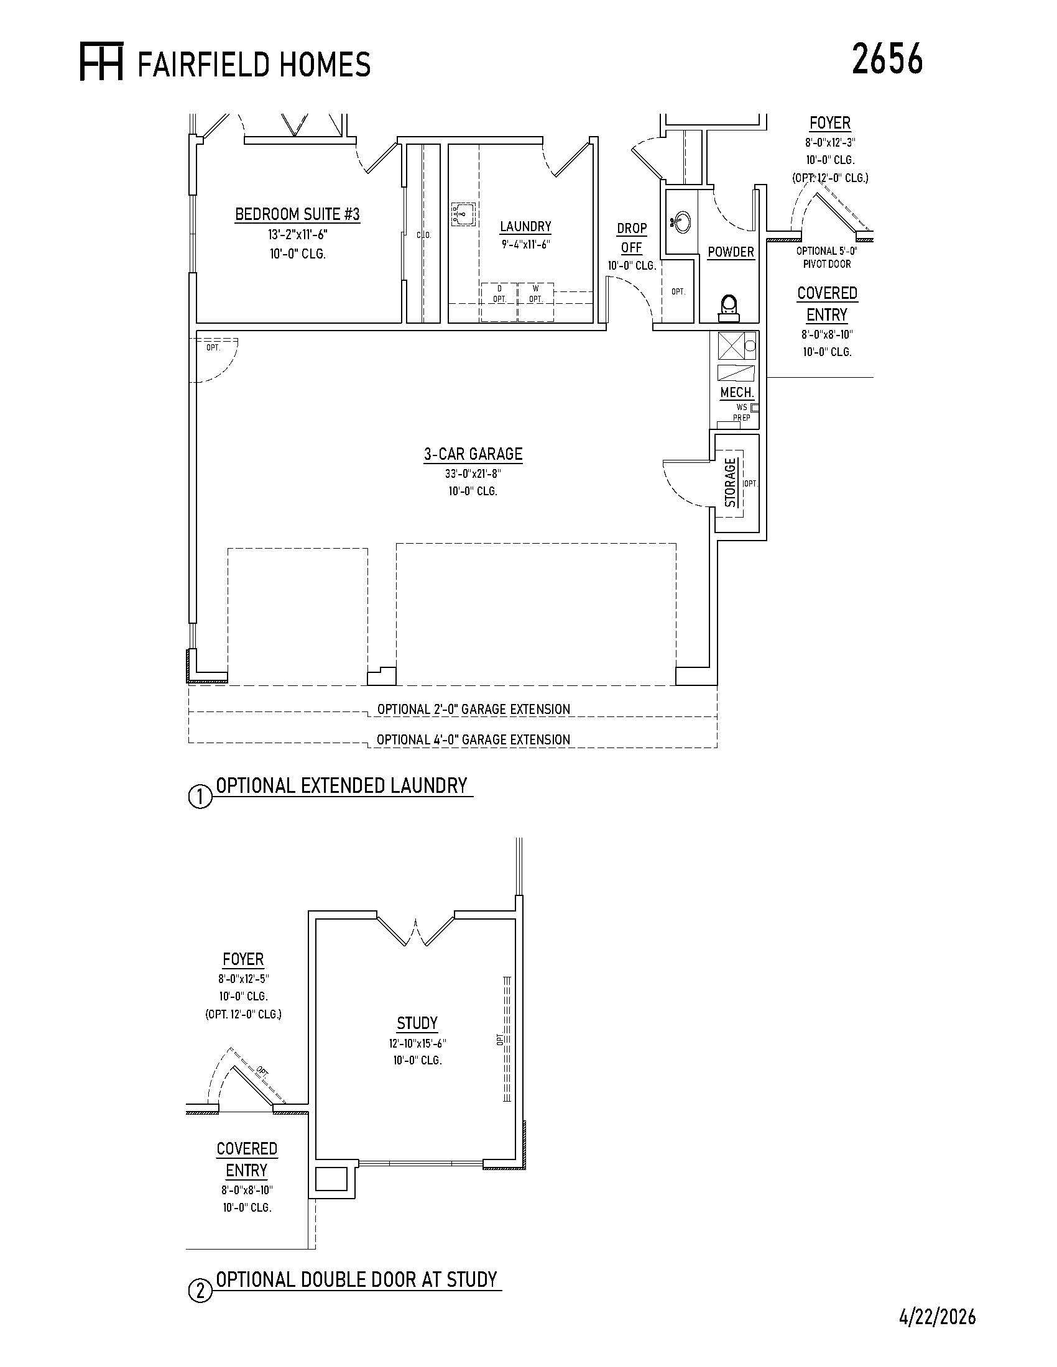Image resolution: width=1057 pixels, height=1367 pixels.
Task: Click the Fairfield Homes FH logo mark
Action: click(101, 62)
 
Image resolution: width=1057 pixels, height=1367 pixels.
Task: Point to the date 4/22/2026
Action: click(938, 1317)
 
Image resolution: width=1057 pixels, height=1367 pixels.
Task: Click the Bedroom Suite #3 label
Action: click(297, 214)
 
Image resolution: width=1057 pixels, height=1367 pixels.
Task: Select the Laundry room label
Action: click(525, 226)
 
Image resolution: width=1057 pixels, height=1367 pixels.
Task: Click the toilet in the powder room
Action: click(729, 306)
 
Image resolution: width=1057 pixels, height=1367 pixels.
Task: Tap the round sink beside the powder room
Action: click(681, 221)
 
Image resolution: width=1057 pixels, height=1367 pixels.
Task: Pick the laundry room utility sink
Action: click(463, 214)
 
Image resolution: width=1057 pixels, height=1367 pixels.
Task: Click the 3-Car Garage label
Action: click(473, 454)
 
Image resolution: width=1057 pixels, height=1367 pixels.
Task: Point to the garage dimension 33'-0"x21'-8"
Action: click(473, 474)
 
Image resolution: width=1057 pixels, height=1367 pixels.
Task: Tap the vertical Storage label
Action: click(730, 483)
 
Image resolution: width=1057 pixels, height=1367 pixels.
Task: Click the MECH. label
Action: click(737, 393)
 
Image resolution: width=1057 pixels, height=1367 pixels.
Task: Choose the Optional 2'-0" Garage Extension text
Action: click(473, 709)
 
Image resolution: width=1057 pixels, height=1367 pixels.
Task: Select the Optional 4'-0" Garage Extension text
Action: click(473, 739)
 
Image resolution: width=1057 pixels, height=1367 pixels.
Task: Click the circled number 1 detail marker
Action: click(200, 797)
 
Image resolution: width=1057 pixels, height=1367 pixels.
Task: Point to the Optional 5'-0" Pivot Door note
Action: click(826, 257)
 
